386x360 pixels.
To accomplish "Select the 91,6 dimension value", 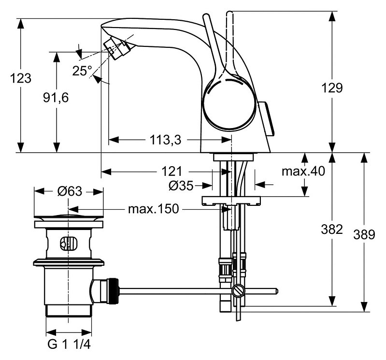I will [x=56, y=97].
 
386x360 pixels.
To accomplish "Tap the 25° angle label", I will [x=82, y=71].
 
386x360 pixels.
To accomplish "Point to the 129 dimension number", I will [x=332, y=87].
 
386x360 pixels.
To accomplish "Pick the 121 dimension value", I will [x=172, y=171].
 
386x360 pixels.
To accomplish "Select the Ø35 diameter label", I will [x=181, y=185].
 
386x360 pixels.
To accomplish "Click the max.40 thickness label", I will [x=303, y=171].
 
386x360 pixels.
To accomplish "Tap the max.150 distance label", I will [x=153, y=209].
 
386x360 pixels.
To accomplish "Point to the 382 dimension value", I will [x=332, y=230].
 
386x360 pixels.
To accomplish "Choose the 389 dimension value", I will [x=364, y=234].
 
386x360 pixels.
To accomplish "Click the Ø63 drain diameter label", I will [x=69, y=191].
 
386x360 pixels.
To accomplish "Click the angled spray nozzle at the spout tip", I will [x=118, y=47].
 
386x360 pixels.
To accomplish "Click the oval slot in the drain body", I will [x=68, y=244].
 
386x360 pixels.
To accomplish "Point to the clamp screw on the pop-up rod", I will [x=237, y=291].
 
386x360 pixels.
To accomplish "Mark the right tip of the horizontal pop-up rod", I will [x=276, y=291].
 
